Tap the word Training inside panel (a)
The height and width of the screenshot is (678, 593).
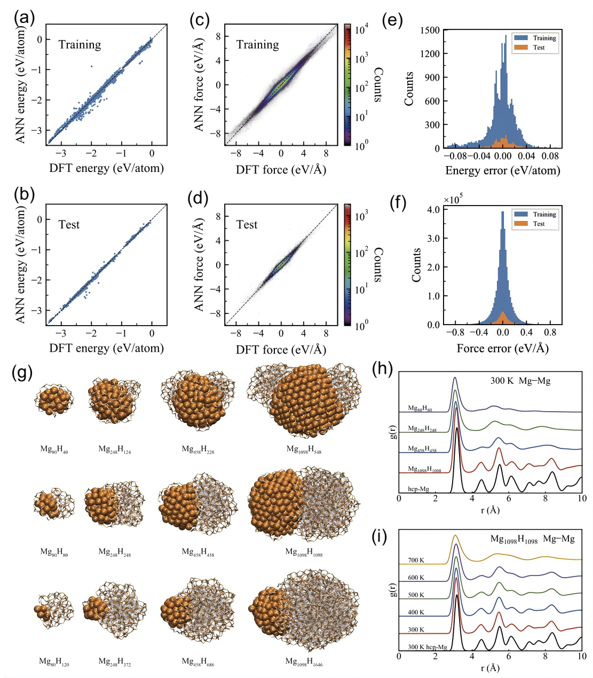tap(80, 45)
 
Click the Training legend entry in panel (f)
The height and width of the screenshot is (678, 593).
tap(544, 214)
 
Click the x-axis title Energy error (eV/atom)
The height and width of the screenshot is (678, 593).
tap(502, 171)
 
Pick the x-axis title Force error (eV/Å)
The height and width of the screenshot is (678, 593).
tap(502, 348)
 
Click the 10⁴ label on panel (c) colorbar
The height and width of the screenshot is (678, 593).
tap(360, 30)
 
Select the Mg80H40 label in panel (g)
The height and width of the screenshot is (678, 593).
tap(54, 450)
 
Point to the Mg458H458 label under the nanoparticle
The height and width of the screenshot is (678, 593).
tap(199, 552)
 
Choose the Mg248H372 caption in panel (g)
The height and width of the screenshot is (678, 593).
tap(114, 663)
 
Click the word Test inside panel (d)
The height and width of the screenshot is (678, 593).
tap(247, 225)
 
